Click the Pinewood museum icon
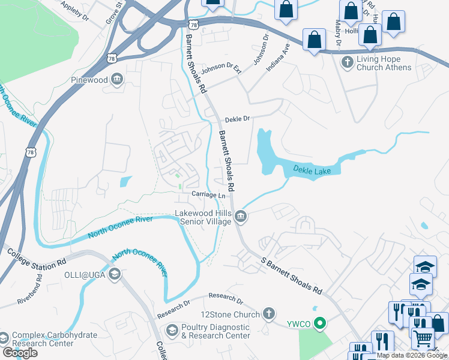pos(118,79)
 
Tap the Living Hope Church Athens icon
pos(347,62)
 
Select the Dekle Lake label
pos(312,171)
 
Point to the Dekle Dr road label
pos(237,119)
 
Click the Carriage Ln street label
pos(208,195)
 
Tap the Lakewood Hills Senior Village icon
pos(240,216)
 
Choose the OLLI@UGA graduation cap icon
pos(115,274)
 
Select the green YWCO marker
pos(320,325)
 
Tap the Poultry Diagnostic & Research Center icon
pos(172,331)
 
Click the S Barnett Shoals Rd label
pos(291,275)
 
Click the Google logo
pos(20,352)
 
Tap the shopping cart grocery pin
pos(423,338)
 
